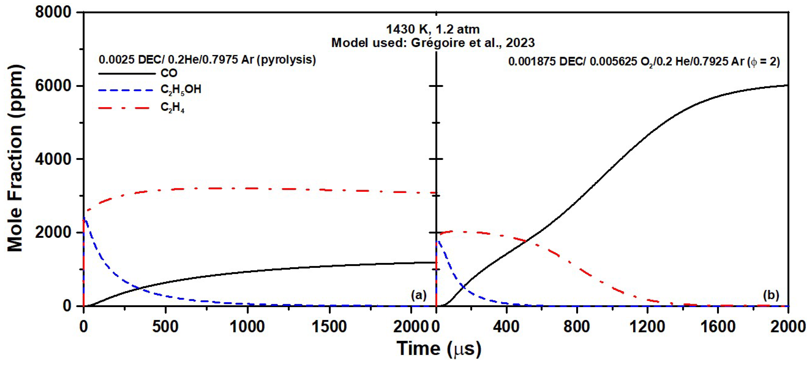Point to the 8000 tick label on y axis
coord(53,13)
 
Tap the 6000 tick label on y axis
coord(53,86)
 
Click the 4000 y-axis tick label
coord(53,159)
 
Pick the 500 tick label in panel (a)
coord(165,327)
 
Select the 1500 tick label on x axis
coord(329,327)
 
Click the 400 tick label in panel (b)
coord(506,327)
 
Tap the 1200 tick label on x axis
coord(647,327)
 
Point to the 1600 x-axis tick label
coord(718,327)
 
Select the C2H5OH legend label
coord(181,90)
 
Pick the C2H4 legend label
coord(172,108)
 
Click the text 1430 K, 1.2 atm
coord(433,29)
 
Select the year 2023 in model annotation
coord(520,43)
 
